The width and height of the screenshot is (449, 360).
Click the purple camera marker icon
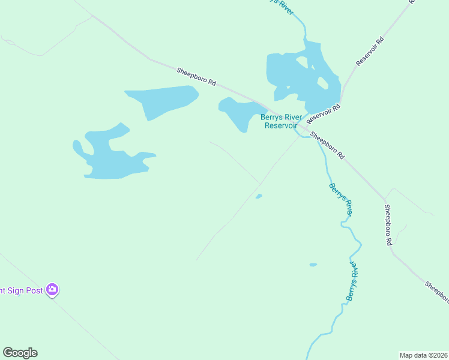pos(52,290)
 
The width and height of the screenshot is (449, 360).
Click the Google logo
pos(20,353)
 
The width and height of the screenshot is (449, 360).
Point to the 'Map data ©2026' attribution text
pos(424,355)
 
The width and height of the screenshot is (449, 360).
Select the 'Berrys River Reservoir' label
pos(281,122)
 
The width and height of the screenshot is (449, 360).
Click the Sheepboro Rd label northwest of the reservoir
pos(196,79)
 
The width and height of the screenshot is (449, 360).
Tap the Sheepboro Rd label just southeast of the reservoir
pos(327,146)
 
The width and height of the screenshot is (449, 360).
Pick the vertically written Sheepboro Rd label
pos(388,225)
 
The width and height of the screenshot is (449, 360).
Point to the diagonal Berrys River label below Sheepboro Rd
pos(340,199)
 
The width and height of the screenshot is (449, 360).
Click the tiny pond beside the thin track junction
pos(259,196)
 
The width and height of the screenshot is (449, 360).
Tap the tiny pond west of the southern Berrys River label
pos(313,265)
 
